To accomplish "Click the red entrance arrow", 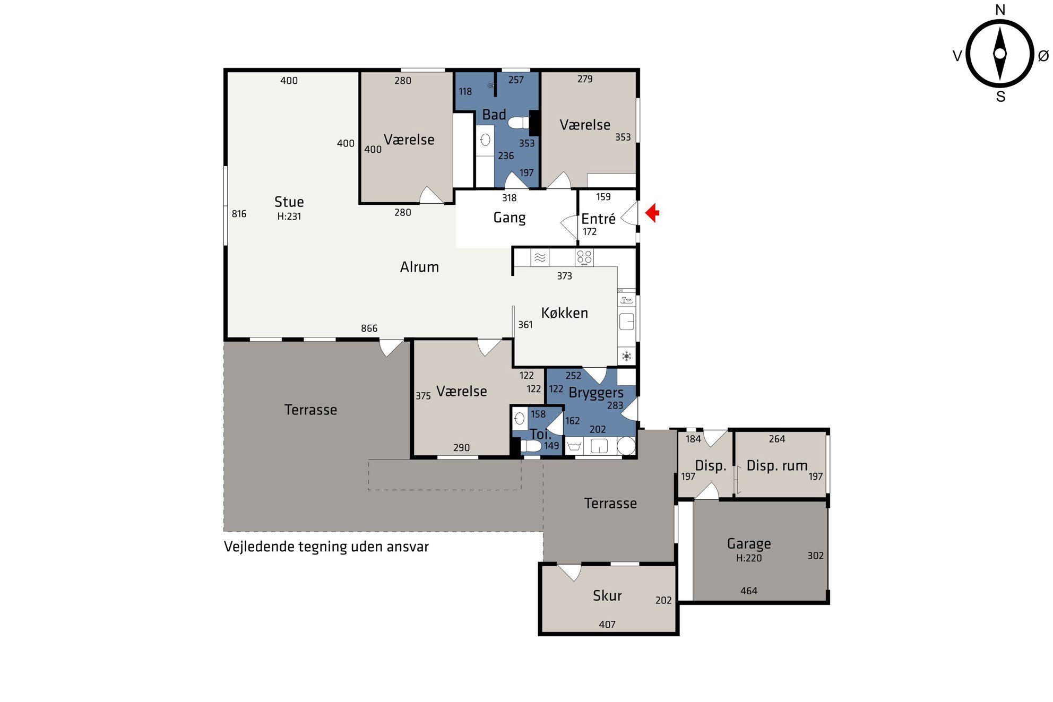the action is click(652, 213).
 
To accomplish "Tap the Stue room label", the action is click(289, 202).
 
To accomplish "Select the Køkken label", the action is click(564, 313).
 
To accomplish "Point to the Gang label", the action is click(510, 218).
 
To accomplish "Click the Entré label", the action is click(598, 219).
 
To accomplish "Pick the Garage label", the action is click(749, 544).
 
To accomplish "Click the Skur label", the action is click(607, 595).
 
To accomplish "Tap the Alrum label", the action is click(419, 267).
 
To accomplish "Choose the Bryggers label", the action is click(596, 393).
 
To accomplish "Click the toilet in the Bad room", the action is click(519, 123).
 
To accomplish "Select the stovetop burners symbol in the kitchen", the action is click(584, 257).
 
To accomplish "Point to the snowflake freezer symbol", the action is click(627, 356).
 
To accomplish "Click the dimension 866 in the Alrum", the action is click(369, 328).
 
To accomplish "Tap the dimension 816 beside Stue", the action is click(239, 214).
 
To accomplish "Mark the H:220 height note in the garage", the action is click(749, 558).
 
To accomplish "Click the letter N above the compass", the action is click(1000, 10).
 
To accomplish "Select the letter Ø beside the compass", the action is click(1043, 55).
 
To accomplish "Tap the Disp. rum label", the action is click(777, 466).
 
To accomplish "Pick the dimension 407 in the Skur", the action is click(607, 625).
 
